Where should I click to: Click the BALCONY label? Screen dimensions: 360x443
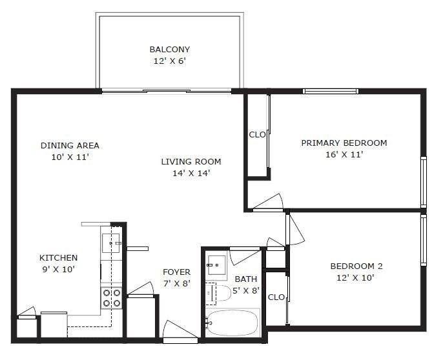click(x=169, y=49)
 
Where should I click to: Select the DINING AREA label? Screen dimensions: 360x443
click(x=70, y=145)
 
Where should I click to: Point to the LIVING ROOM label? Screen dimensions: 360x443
click(x=191, y=161)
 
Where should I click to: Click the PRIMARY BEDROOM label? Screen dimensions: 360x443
click(x=344, y=143)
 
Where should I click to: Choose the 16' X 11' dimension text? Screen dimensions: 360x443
click(x=344, y=154)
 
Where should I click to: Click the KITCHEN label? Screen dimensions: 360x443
click(x=58, y=257)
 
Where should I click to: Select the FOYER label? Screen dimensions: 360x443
click(x=176, y=272)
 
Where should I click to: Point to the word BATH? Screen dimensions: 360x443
click(x=246, y=279)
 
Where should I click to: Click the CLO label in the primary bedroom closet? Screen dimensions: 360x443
click(x=258, y=135)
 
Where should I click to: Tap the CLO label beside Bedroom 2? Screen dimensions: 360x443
click(x=276, y=297)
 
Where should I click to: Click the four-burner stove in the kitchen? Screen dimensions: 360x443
click(x=112, y=297)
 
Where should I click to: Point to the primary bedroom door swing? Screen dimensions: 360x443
click(x=269, y=201)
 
